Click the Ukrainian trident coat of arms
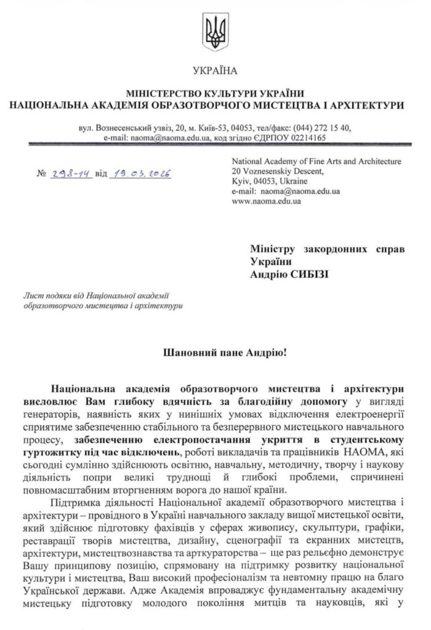tap(215, 30)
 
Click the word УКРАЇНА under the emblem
tap(215, 71)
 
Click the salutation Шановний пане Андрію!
tap(215, 354)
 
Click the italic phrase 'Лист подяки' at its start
tap(42, 295)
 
